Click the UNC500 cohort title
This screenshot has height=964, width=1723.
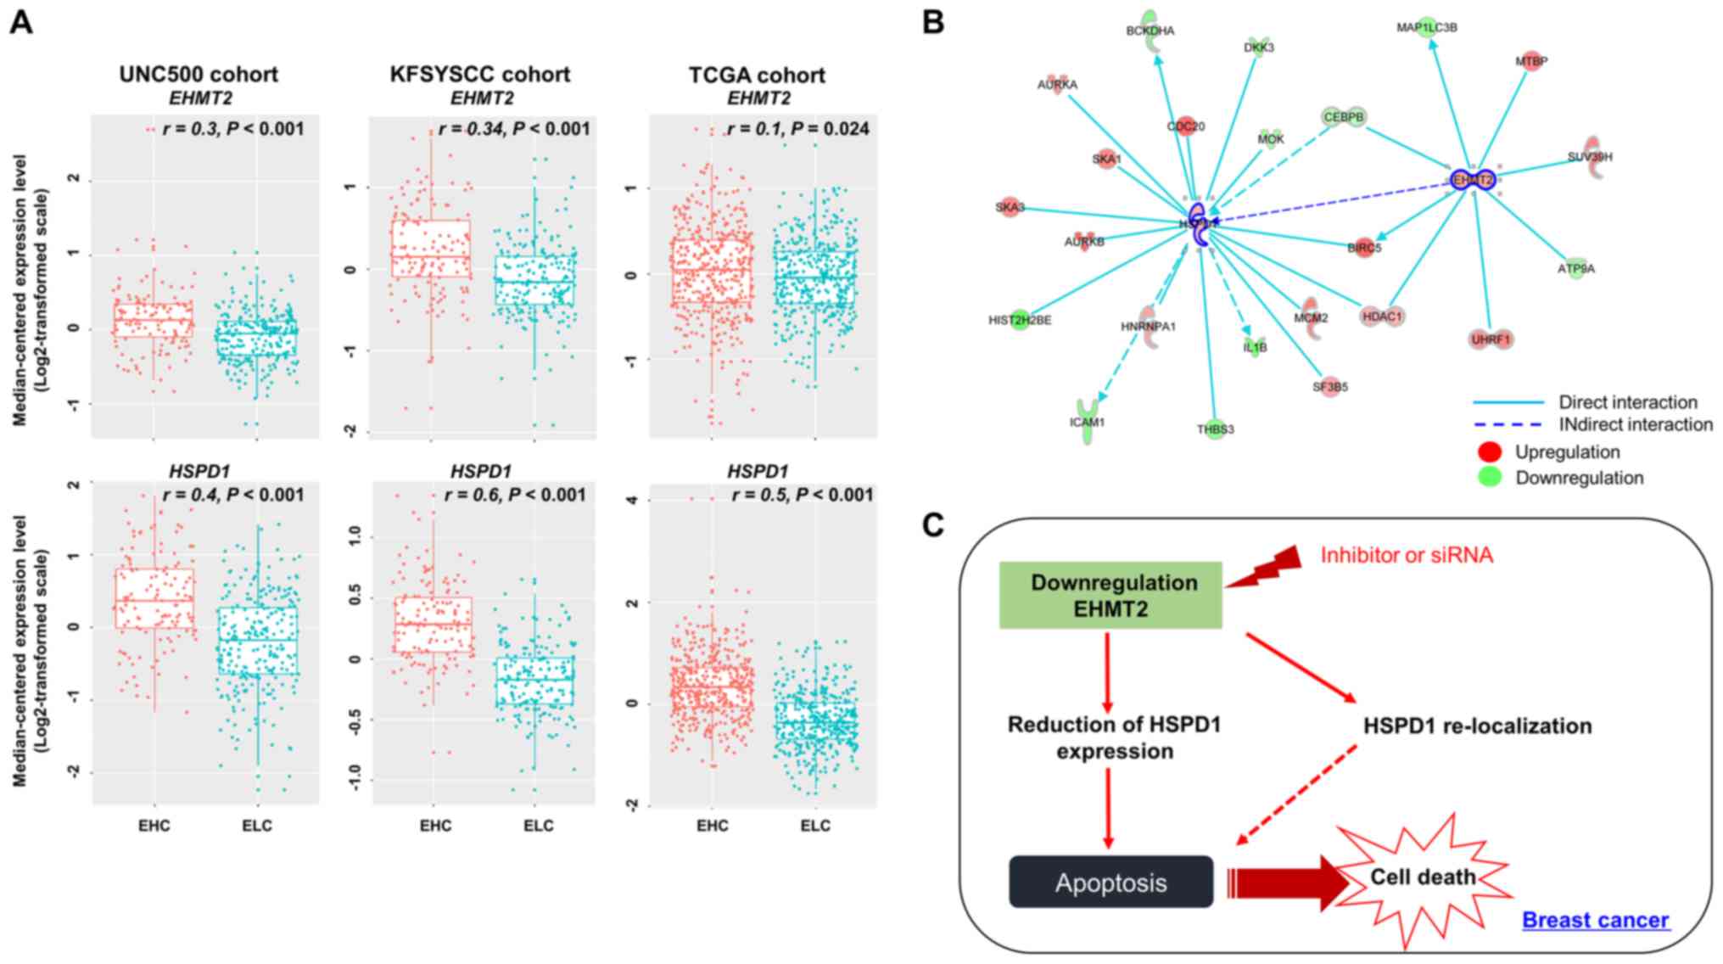click(x=199, y=75)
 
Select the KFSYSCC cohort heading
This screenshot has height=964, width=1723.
click(x=480, y=75)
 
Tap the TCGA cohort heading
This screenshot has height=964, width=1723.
click(x=757, y=75)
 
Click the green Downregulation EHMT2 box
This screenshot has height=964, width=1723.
click(x=1110, y=595)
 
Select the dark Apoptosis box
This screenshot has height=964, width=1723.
click(x=1110, y=883)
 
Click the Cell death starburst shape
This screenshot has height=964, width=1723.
click(x=1423, y=876)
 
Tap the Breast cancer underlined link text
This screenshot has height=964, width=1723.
click(x=1595, y=920)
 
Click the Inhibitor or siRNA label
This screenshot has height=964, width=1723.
click(x=1407, y=555)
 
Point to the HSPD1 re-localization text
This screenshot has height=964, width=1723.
click(x=1477, y=726)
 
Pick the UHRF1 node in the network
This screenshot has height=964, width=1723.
click(x=1491, y=339)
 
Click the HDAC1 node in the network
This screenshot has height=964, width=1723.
click(x=1381, y=317)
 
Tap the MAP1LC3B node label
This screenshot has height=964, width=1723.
click(x=1427, y=27)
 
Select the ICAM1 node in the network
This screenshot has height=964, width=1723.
click(x=1087, y=420)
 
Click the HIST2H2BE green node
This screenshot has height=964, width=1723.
click(x=1021, y=320)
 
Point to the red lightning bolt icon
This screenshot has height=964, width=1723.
click(x=1266, y=567)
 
